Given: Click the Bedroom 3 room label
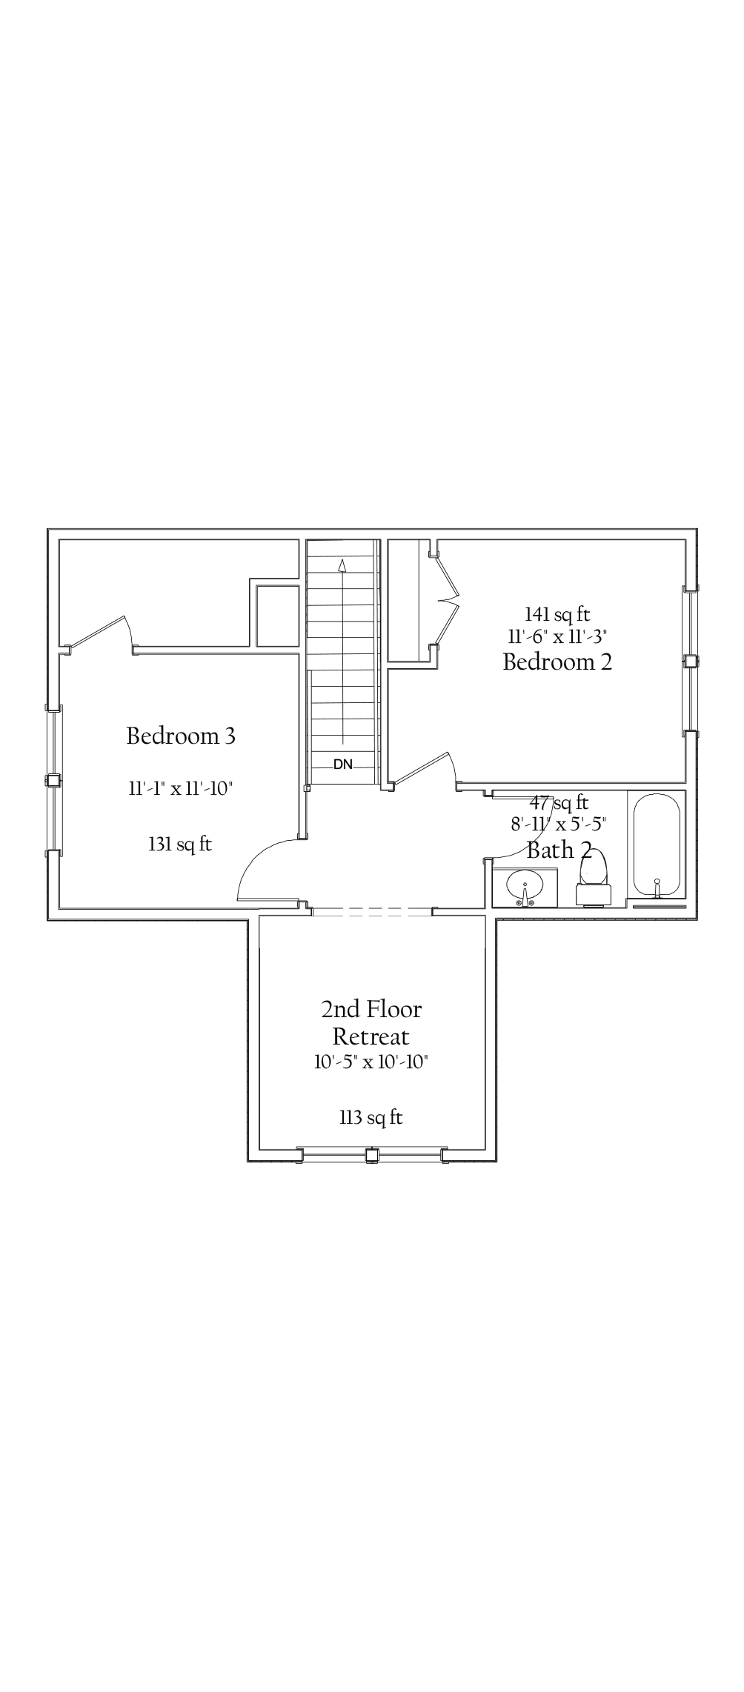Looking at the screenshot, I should pyautogui.click(x=181, y=736).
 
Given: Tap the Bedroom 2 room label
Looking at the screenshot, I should pyautogui.click(x=557, y=662).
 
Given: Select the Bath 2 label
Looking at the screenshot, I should pyautogui.click(x=559, y=850).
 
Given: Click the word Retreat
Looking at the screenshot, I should pyautogui.click(x=371, y=1036).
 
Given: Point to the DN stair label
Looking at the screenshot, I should pyautogui.click(x=343, y=764).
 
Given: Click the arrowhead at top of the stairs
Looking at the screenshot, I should pyautogui.click(x=342, y=565).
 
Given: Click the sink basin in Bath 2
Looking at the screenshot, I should pyautogui.click(x=525, y=885).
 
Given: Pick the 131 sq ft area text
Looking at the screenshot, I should pyautogui.click(x=180, y=844).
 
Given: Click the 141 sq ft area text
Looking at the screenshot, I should pyautogui.click(x=557, y=613).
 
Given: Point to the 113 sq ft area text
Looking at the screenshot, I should pyautogui.click(x=371, y=1117).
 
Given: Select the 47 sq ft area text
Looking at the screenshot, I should pyautogui.click(x=559, y=802).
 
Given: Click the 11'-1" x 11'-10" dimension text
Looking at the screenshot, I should pyautogui.click(x=181, y=788).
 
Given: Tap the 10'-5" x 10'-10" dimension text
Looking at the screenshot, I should pyautogui.click(x=371, y=1062).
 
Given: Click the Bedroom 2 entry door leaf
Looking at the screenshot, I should pyautogui.click(x=422, y=770).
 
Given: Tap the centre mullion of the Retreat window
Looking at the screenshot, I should pyautogui.click(x=372, y=1154).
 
